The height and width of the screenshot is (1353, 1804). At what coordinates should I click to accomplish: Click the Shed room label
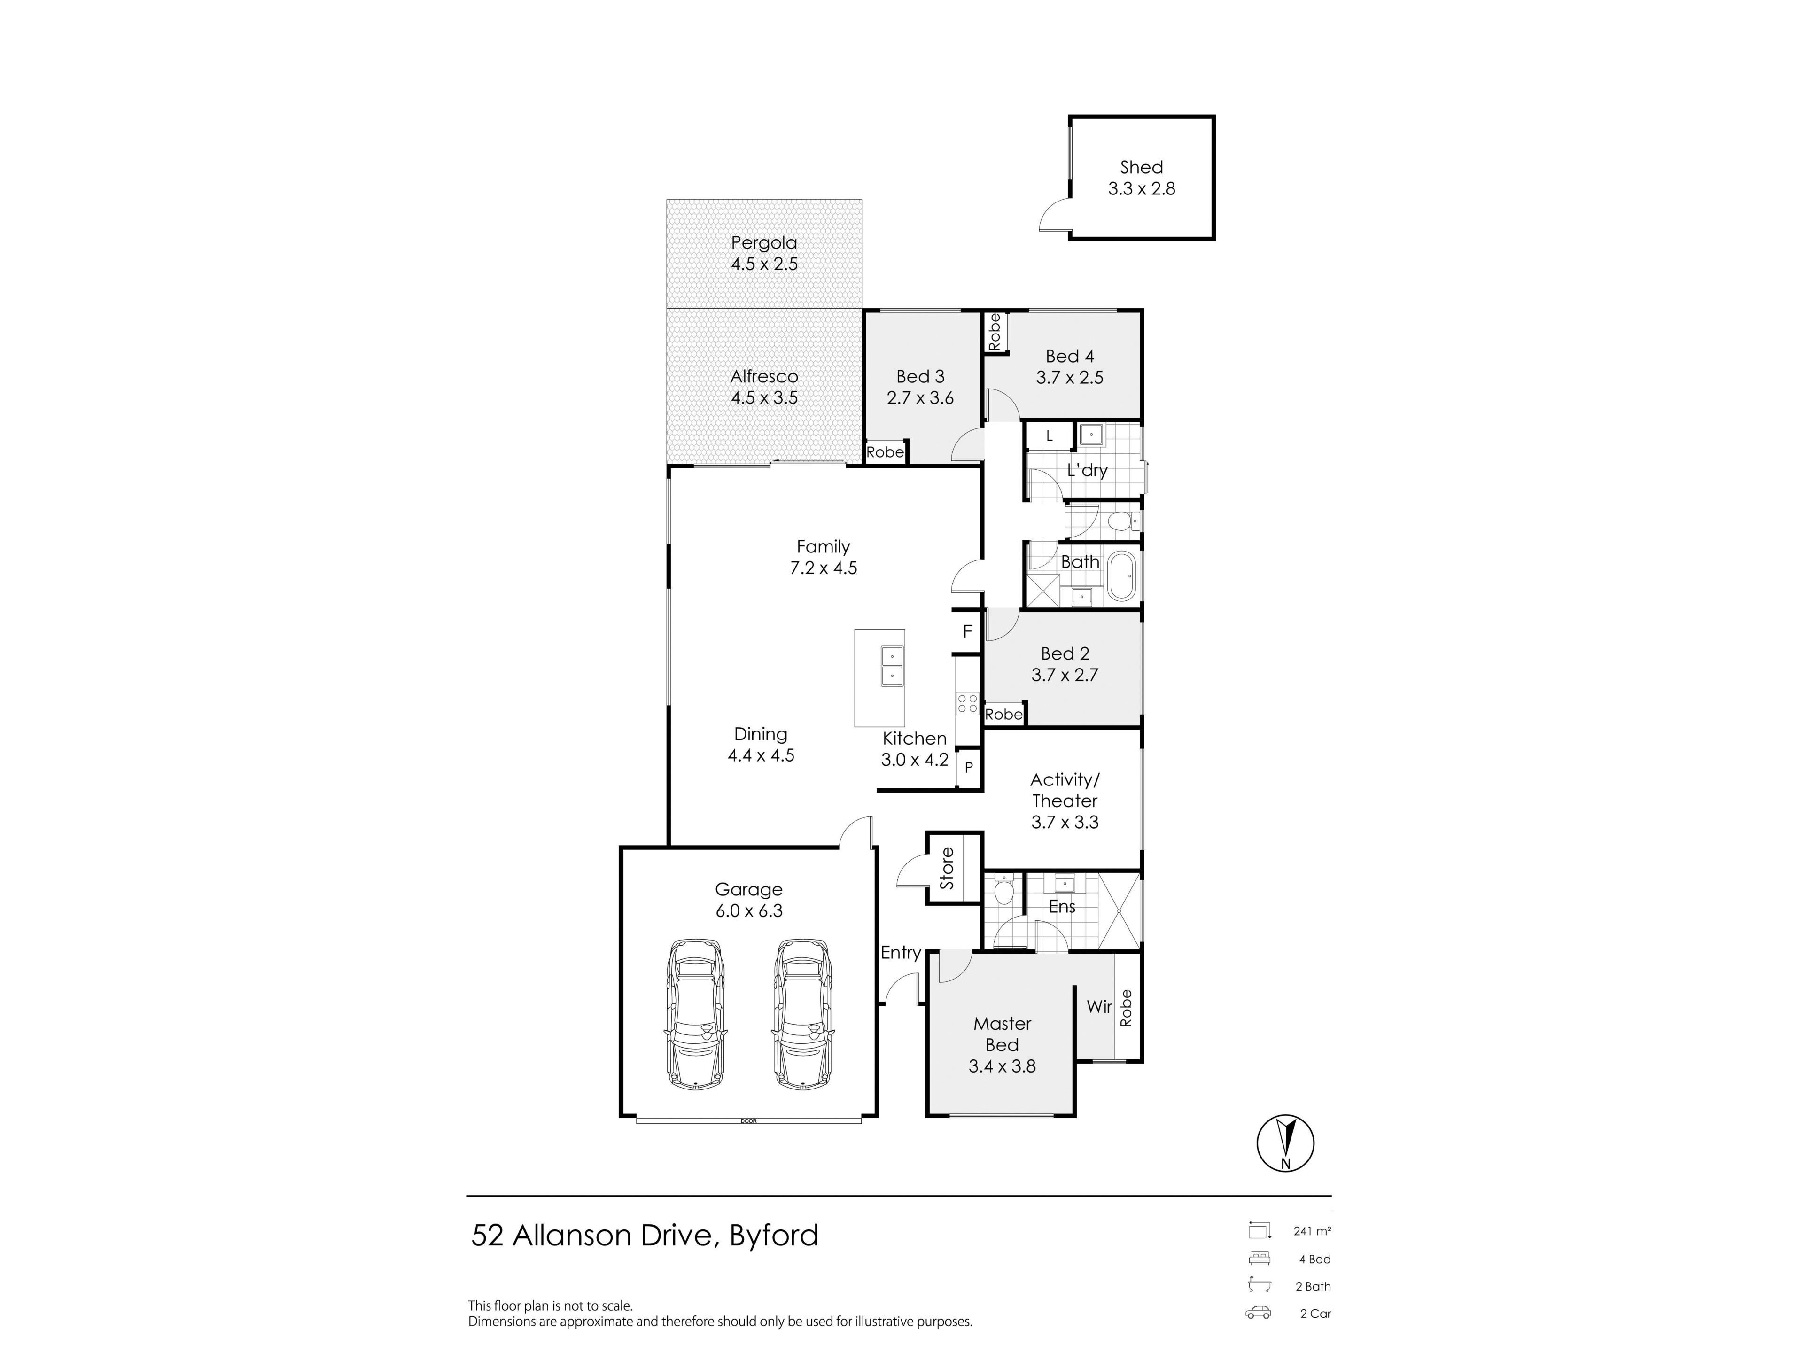pyautogui.click(x=1141, y=167)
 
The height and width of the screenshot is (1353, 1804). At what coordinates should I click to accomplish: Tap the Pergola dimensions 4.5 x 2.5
pyautogui.click(x=764, y=264)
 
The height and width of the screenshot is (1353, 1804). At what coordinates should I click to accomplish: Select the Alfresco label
pyautogui.click(x=764, y=377)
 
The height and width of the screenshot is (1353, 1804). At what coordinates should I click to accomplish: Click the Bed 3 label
pyautogui.click(x=920, y=377)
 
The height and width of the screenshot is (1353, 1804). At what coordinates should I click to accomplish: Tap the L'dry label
pyautogui.click(x=1087, y=471)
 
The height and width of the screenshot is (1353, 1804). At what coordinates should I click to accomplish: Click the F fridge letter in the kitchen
pyautogui.click(x=968, y=631)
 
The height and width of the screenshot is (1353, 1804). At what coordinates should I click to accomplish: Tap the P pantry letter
pyautogui.click(x=969, y=768)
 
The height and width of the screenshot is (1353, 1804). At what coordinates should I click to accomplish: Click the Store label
pyautogui.click(x=947, y=869)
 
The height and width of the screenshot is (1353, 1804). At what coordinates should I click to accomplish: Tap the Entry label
pyautogui.click(x=901, y=953)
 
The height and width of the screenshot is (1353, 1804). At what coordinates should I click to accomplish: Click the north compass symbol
pyautogui.click(x=1285, y=1143)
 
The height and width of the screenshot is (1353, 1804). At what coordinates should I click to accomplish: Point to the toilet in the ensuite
pyautogui.click(x=1004, y=891)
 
